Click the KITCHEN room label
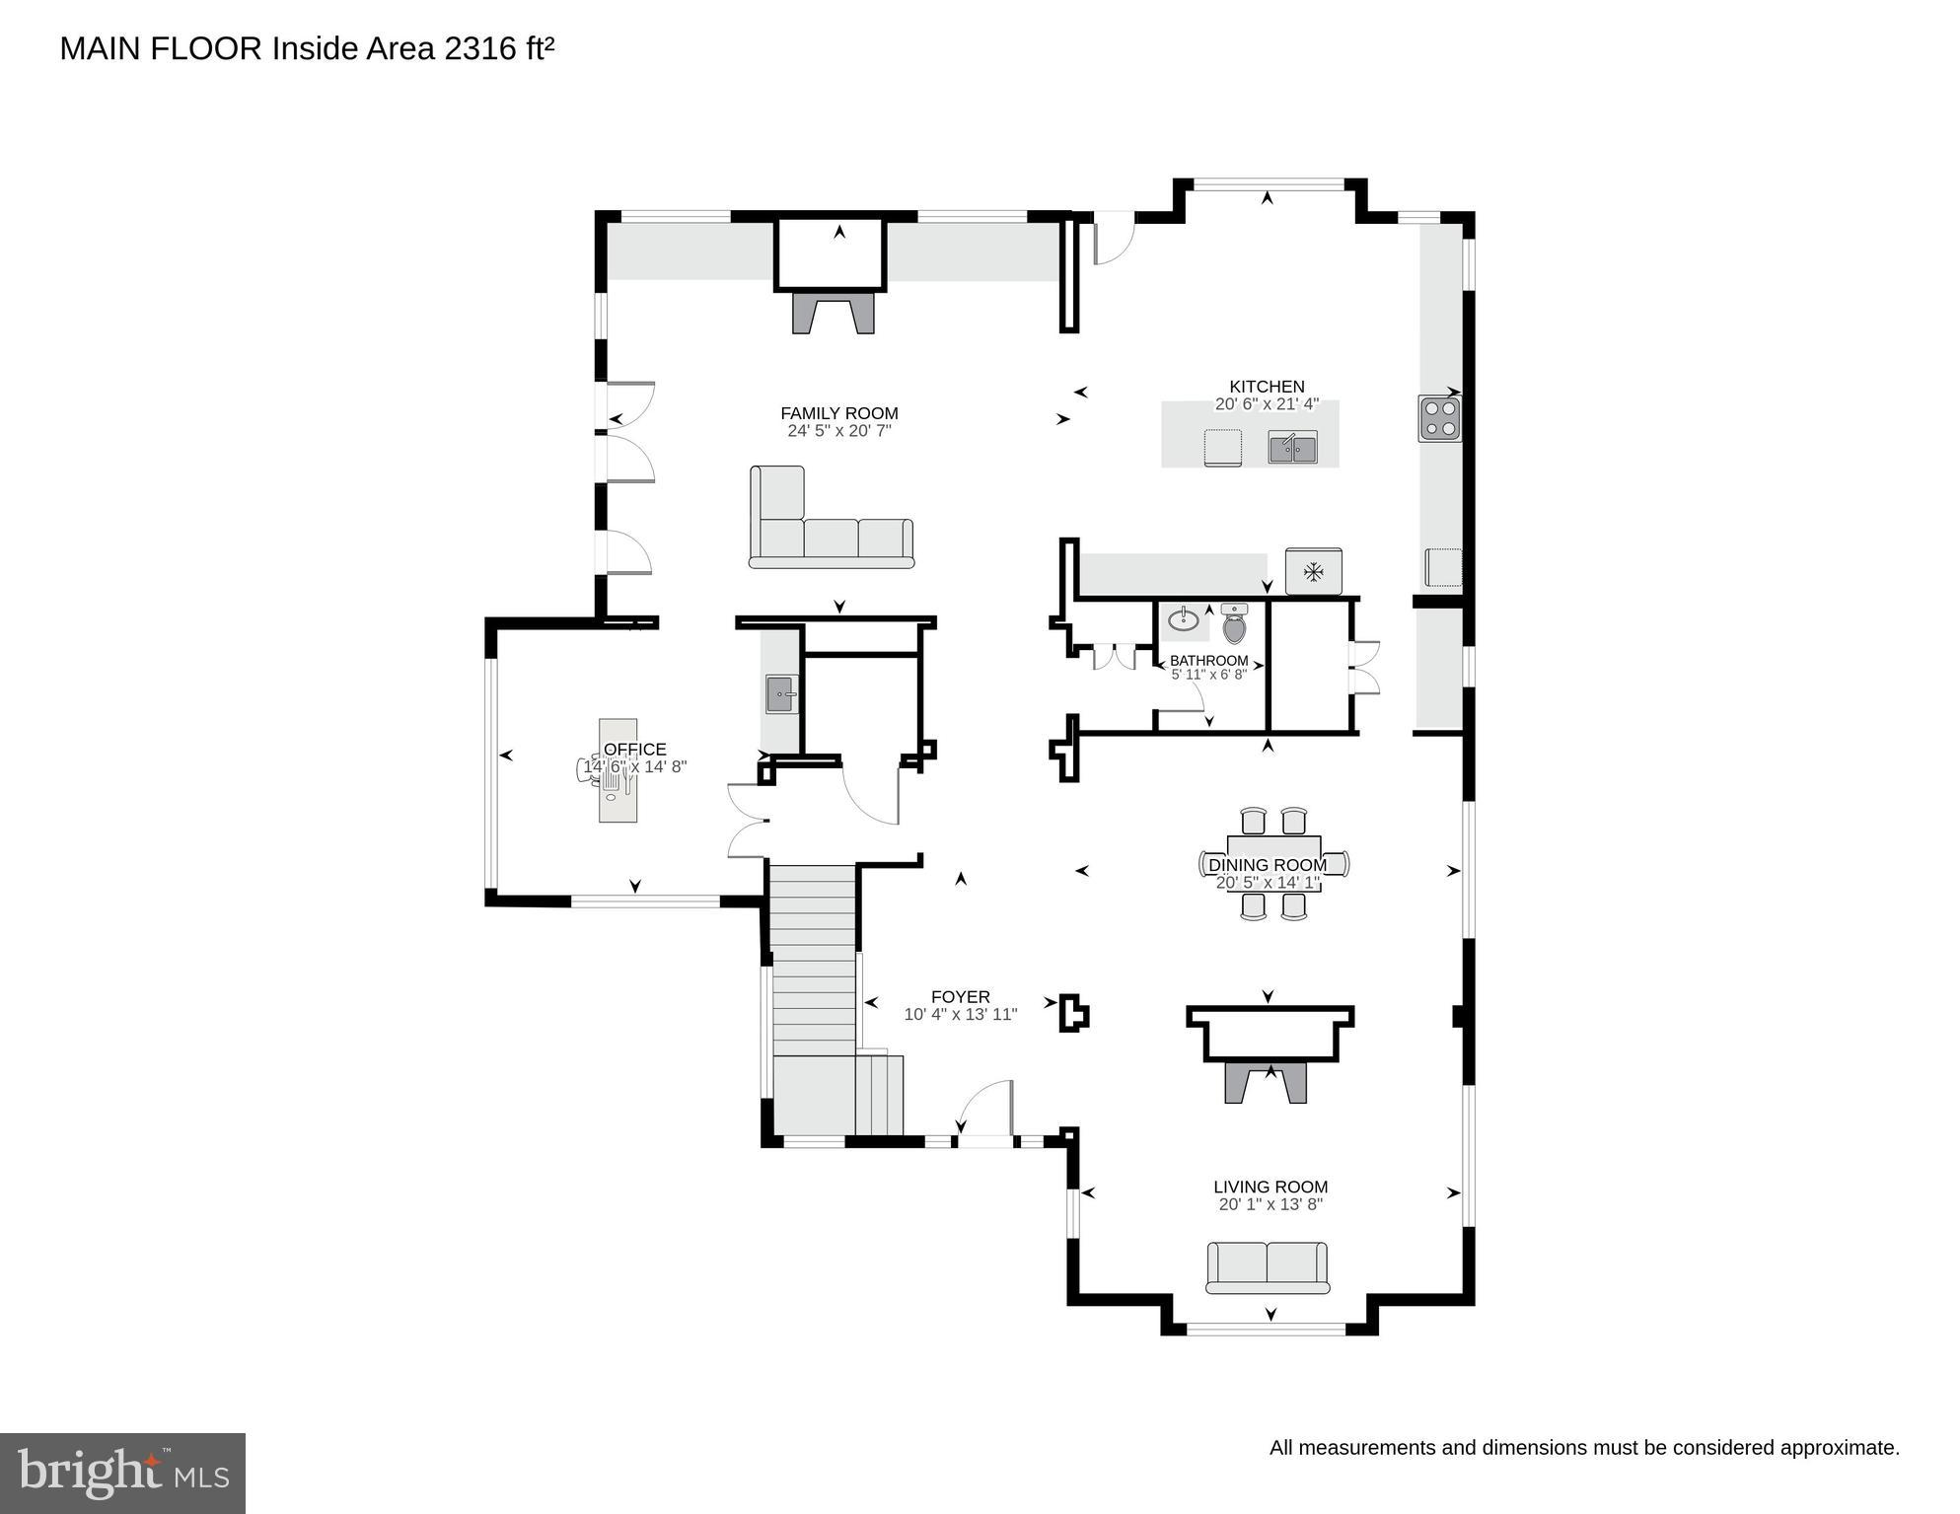point(1267,387)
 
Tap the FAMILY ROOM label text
point(839,413)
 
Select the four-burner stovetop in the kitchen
point(1440,417)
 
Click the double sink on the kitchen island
point(1292,448)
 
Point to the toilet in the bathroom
point(1234,623)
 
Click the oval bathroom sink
point(1184,620)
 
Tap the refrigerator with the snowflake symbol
point(1314,571)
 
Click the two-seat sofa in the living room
point(1268,1267)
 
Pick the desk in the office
point(618,770)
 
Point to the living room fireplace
point(1266,1082)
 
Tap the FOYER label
point(960,997)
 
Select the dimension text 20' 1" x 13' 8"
point(1270,1204)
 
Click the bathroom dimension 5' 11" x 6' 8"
point(1209,675)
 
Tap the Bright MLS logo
point(122,1474)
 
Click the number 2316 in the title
point(480,48)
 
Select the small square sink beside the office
point(781,694)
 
